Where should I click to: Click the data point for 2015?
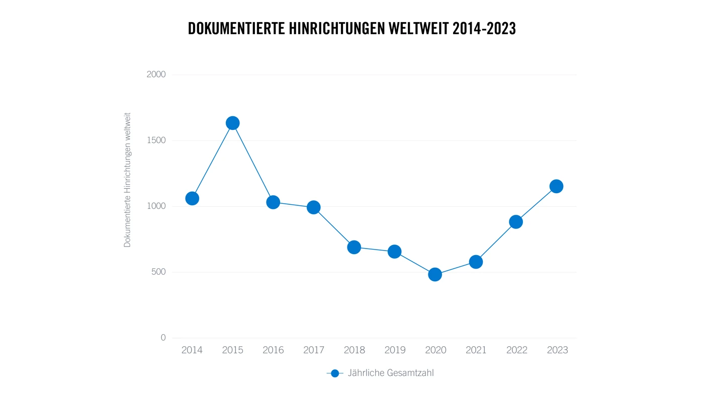[x=232, y=123]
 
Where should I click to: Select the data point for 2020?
[x=435, y=274]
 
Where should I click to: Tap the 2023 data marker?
[x=556, y=186]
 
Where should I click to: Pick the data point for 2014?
[x=192, y=198]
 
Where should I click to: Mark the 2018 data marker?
[x=354, y=247]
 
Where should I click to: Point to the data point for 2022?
[x=516, y=221]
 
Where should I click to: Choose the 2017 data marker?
[x=314, y=207]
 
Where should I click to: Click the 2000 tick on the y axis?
[x=156, y=74]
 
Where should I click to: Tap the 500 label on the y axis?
[x=158, y=272]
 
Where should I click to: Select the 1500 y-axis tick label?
[x=156, y=140]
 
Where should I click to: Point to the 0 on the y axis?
[x=163, y=338]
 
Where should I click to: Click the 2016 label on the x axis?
[x=273, y=350]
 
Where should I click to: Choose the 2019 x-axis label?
[x=395, y=350]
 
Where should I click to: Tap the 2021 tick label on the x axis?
[x=476, y=350]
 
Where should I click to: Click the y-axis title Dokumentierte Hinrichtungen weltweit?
[x=127, y=180]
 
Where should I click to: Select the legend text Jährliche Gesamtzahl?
[x=390, y=373]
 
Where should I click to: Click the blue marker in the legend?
[x=335, y=373]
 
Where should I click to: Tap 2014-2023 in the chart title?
[x=484, y=29]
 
